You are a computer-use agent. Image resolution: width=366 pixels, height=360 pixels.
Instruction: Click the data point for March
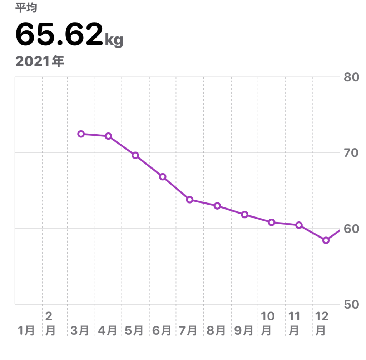(81, 134)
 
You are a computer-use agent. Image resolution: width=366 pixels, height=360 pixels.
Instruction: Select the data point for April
(108, 136)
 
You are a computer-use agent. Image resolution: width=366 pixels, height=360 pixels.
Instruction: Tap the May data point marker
(135, 155)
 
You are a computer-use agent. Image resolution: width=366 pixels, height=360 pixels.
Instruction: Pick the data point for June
(163, 177)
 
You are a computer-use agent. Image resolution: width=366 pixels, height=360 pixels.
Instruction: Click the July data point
(190, 200)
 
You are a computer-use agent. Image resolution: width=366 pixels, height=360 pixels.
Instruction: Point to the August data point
(217, 206)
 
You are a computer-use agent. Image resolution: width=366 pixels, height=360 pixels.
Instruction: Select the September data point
(244, 215)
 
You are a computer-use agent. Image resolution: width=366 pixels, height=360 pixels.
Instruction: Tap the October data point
(272, 222)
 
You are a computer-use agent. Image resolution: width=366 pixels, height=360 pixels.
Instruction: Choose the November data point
(299, 225)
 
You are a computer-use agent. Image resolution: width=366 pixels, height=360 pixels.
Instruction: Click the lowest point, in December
(326, 240)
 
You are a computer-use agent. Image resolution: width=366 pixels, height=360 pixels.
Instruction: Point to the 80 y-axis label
(351, 77)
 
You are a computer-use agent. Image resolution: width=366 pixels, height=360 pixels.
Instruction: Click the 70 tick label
(351, 153)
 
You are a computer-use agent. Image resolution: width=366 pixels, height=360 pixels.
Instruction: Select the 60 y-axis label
(351, 229)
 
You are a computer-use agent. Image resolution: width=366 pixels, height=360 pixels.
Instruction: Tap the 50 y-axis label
(351, 304)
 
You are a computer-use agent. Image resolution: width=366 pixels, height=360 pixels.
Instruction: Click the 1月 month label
(26, 331)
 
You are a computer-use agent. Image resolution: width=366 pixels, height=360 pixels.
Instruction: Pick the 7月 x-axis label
(188, 331)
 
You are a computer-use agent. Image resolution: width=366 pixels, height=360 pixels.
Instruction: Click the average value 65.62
(59, 35)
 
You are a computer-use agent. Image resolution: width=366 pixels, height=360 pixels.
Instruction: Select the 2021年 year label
(40, 61)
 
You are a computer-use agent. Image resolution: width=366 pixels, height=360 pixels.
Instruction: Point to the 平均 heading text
(26, 8)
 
